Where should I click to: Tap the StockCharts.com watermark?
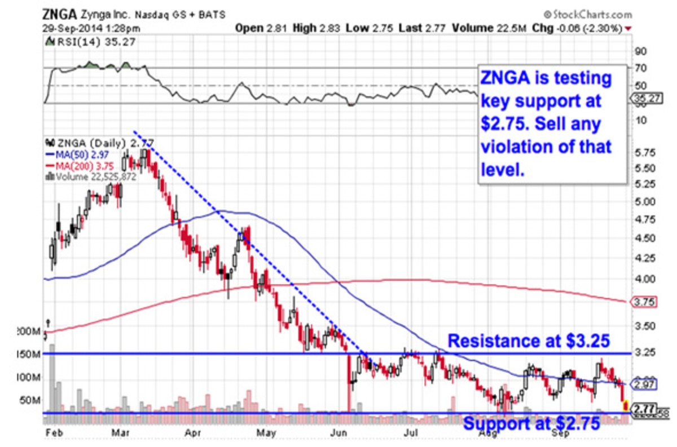click(x=587, y=15)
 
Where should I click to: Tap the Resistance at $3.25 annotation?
click(x=529, y=342)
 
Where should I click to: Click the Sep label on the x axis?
click(x=560, y=433)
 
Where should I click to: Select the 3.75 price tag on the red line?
click(x=644, y=302)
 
